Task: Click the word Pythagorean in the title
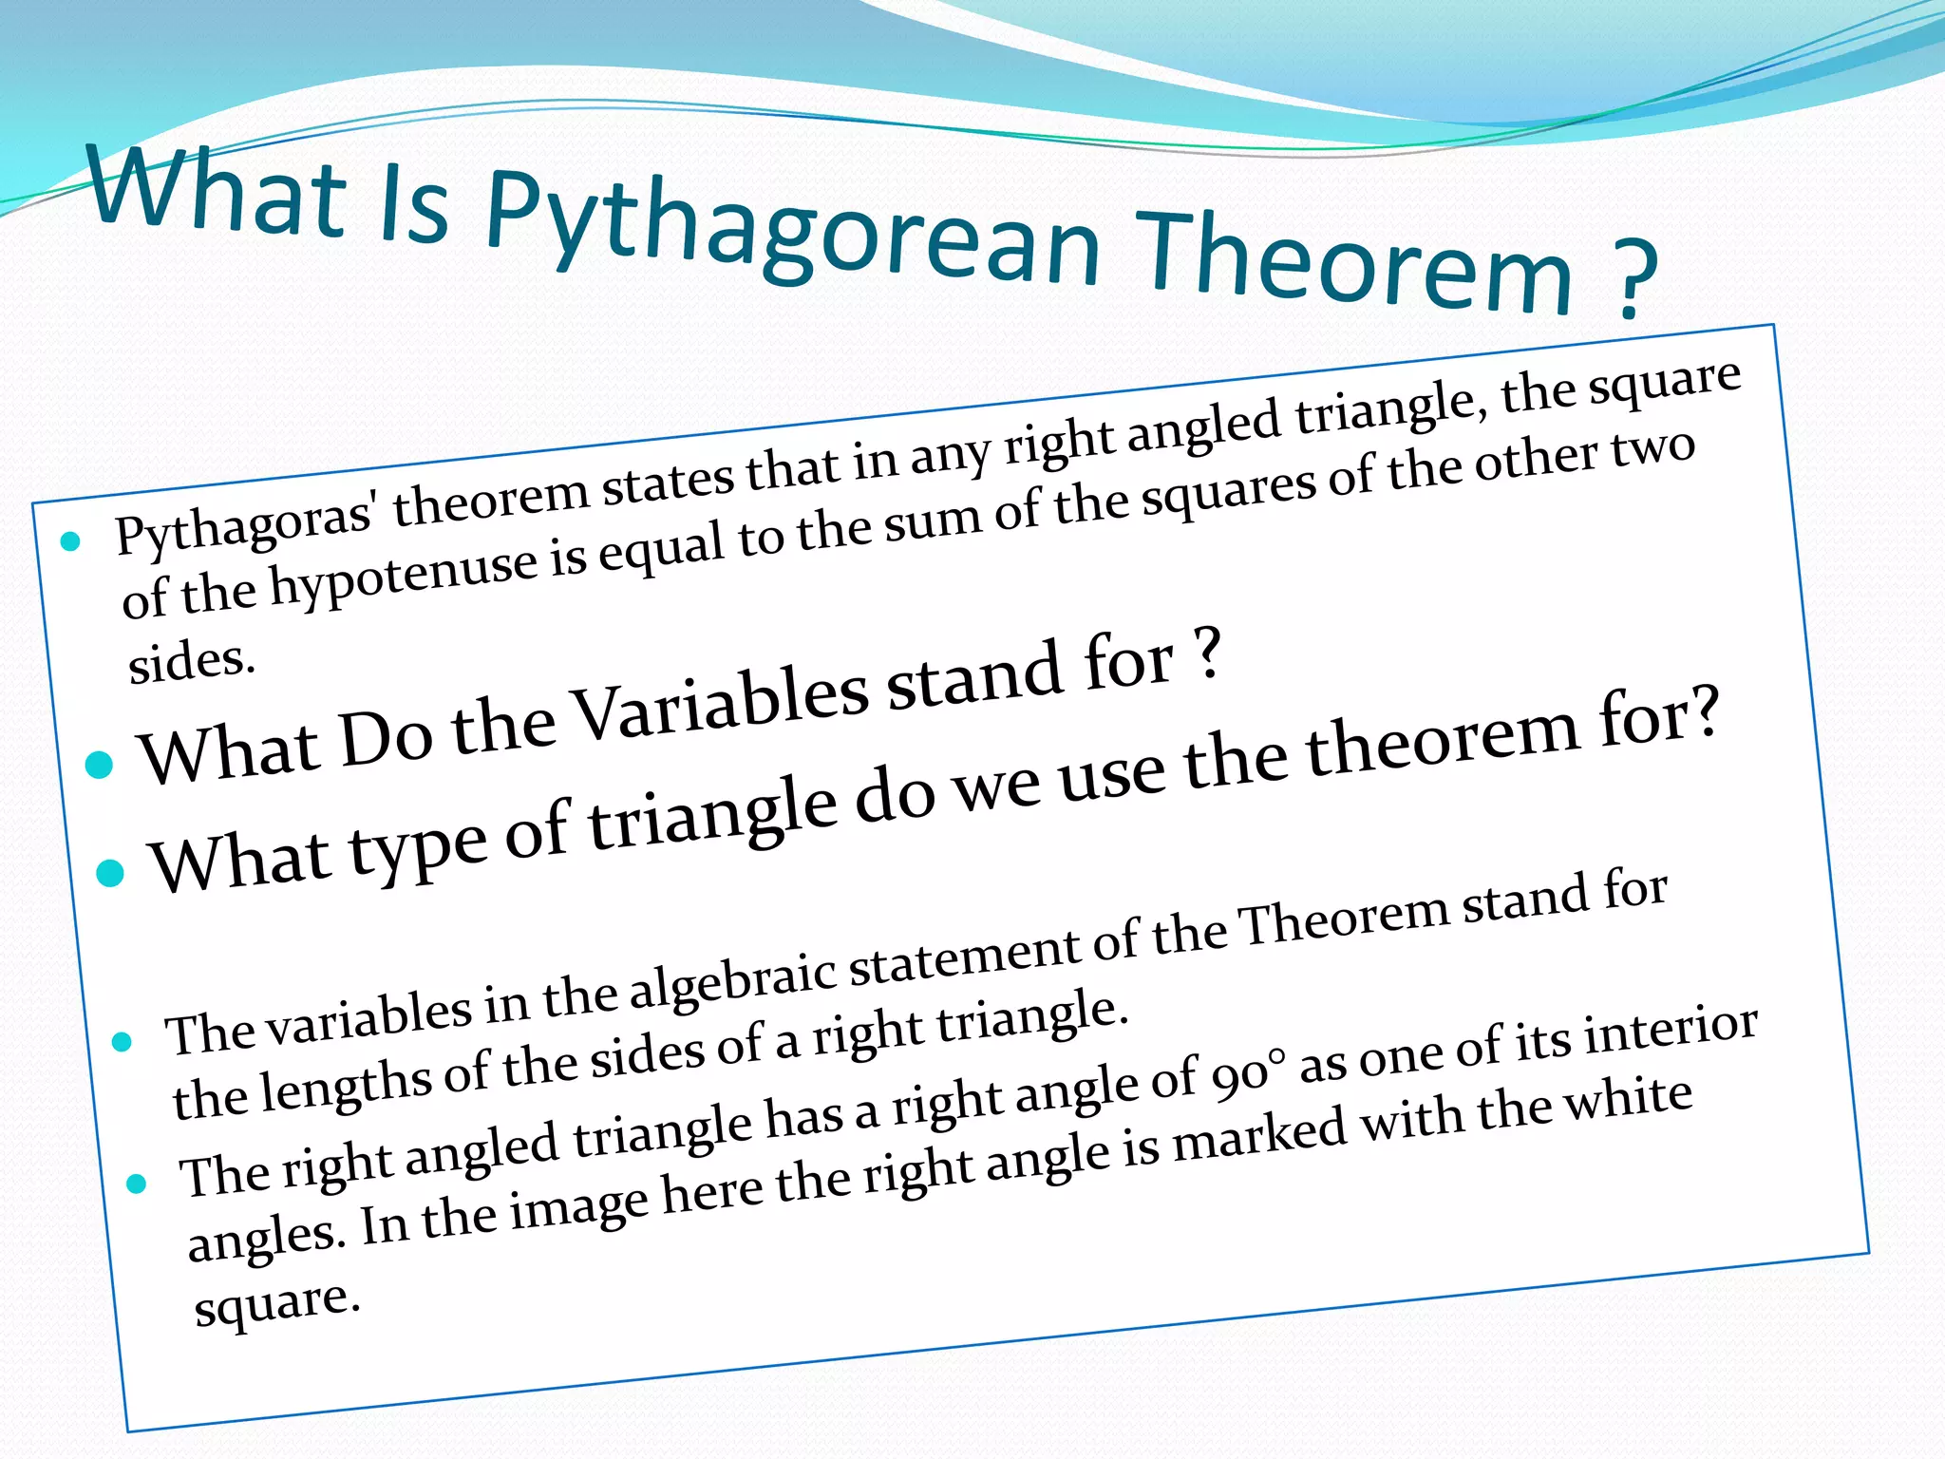pos(793,233)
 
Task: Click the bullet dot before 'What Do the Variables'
pos(99,764)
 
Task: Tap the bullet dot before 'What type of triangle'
pos(111,872)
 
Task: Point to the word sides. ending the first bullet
pos(192,662)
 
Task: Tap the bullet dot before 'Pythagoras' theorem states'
pos(70,542)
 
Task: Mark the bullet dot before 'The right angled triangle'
pos(136,1184)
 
